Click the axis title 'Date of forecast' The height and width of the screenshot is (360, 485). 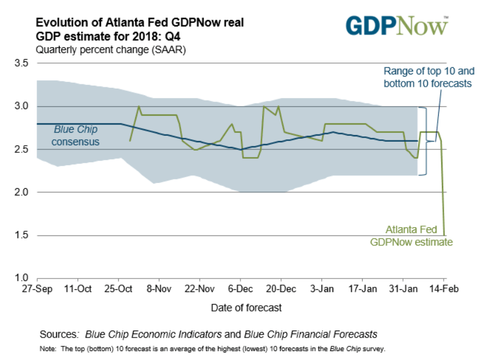tap(246, 307)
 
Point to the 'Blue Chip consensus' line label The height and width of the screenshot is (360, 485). tap(76, 136)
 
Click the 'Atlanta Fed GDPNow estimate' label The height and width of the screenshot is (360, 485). tap(411, 235)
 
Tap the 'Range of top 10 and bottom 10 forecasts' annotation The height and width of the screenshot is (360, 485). tap(428, 77)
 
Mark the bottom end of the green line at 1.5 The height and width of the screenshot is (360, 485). tap(444, 235)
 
